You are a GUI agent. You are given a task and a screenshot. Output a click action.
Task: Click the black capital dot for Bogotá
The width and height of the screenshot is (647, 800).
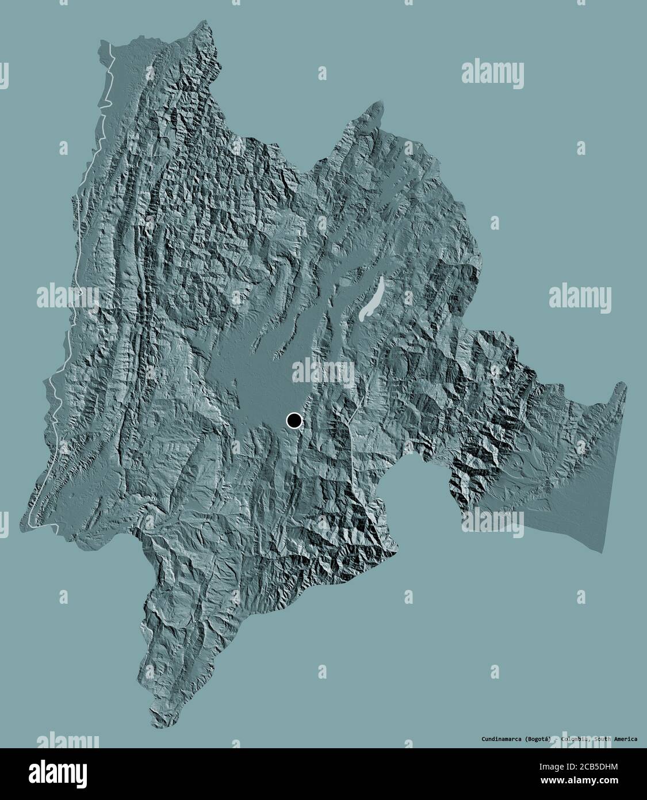(x=294, y=421)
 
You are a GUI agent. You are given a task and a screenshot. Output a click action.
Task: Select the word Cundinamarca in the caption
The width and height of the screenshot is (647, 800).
(x=501, y=738)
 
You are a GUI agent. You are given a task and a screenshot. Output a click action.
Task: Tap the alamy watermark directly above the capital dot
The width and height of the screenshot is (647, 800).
(x=323, y=374)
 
